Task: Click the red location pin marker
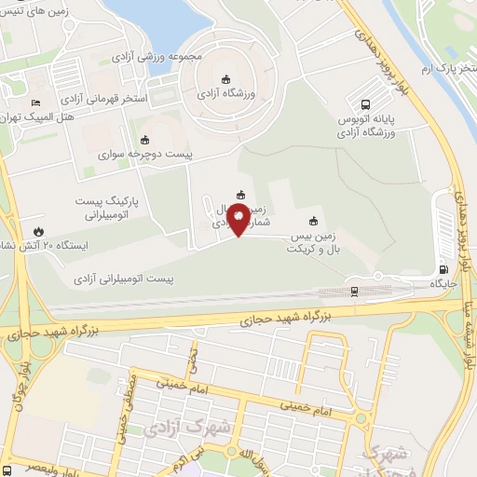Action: click(x=238, y=221)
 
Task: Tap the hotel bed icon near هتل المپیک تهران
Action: click(x=35, y=102)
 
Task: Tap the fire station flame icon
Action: click(x=39, y=229)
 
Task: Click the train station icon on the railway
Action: click(x=354, y=290)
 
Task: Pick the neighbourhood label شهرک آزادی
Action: click(x=177, y=428)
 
